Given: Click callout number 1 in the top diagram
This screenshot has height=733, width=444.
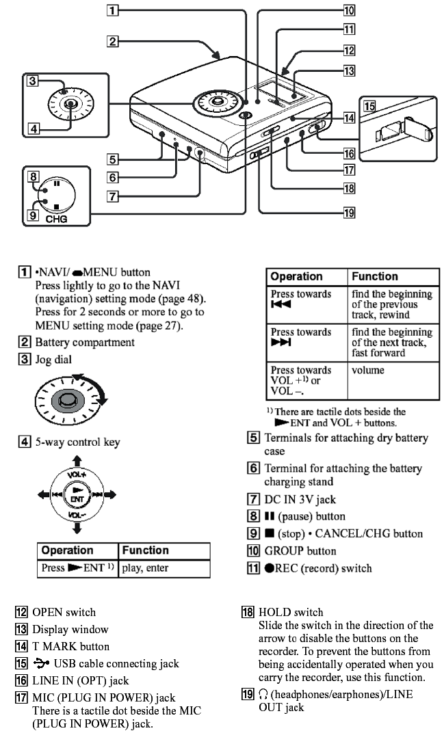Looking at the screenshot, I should click(x=113, y=10).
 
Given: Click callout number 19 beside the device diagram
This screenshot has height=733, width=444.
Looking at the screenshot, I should click(x=349, y=213).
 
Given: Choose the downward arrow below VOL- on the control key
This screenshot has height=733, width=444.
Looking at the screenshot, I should click(x=77, y=527).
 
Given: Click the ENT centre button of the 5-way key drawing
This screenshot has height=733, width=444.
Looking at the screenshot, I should click(x=77, y=494).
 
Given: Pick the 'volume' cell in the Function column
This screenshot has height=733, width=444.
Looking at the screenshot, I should click(x=368, y=371).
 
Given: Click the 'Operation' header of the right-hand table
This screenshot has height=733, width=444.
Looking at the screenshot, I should click(x=297, y=276).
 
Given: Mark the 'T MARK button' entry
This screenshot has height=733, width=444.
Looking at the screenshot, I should click(x=70, y=646).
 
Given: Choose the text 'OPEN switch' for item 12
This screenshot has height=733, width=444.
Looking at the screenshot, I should click(x=64, y=612).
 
